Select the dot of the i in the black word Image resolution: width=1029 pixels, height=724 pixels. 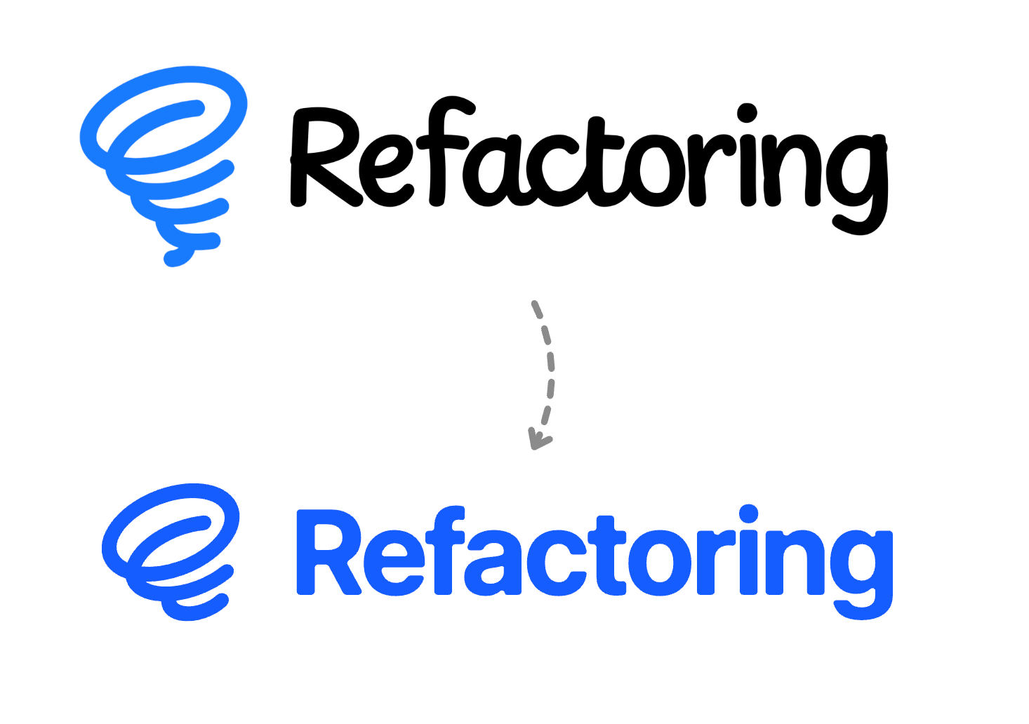[x=746, y=114]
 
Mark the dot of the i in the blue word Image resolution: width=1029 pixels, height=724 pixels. [x=748, y=514]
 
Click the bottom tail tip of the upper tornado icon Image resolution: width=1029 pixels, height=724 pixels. [x=171, y=260]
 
